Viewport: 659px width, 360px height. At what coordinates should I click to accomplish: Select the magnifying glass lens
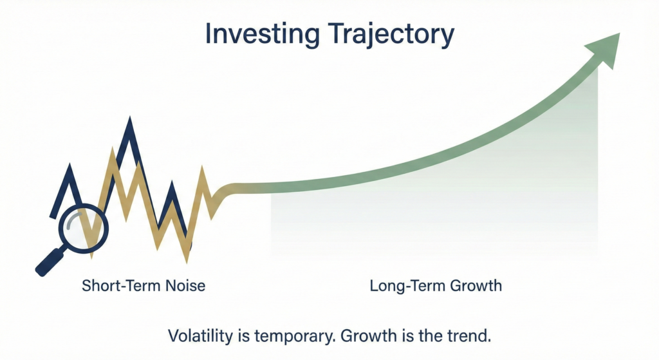point(84,228)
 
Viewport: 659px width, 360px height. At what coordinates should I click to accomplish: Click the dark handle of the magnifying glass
point(49,262)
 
